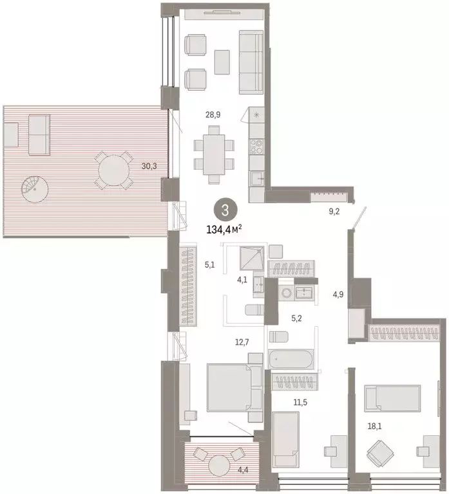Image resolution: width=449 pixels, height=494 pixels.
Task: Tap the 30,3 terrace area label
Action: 149,165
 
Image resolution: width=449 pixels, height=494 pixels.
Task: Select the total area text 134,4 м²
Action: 224,229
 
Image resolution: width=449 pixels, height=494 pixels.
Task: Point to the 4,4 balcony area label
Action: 243,470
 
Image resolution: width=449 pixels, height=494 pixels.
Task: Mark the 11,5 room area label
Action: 299,402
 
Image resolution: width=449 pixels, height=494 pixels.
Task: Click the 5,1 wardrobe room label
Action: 209,264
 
